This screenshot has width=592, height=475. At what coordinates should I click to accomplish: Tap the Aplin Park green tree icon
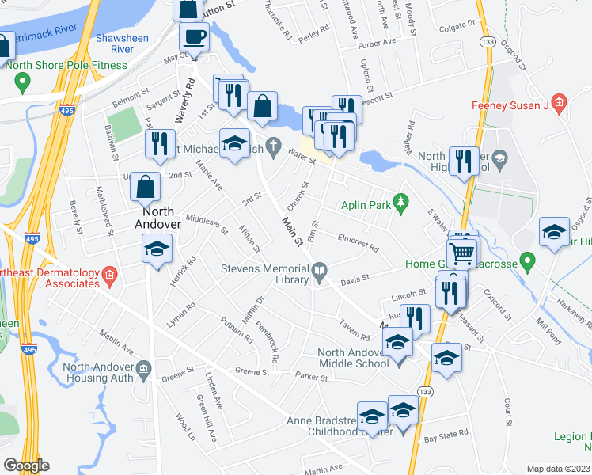(x=401, y=203)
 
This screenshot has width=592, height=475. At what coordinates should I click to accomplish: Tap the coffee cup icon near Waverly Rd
(x=194, y=36)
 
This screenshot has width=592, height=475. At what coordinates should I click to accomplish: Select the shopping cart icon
(x=462, y=253)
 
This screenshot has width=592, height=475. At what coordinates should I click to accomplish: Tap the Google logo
(x=26, y=465)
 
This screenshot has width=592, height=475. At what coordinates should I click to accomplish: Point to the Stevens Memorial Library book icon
(x=319, y=272)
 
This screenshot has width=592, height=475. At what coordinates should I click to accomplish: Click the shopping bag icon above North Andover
(x=146, y=187)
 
